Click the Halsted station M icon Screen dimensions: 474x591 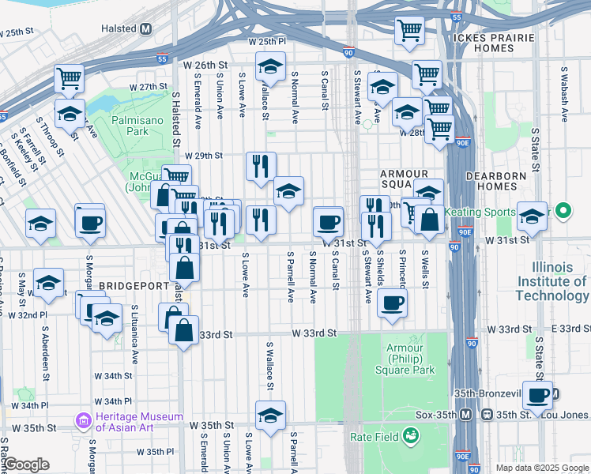coord(146,29)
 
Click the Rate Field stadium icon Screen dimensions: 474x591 coord(410,434)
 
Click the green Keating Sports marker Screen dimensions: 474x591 coord(563,212)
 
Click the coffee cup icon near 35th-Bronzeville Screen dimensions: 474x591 coord(537,396)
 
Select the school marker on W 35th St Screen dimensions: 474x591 coord(270,416)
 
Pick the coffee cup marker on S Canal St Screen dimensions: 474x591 coord(328,222)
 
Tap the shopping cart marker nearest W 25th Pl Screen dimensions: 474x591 coord(409,32)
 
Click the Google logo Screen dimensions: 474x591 coord(26,465)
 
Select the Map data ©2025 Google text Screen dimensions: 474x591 coord(541,468)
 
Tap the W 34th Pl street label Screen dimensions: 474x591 coord(30,405)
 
